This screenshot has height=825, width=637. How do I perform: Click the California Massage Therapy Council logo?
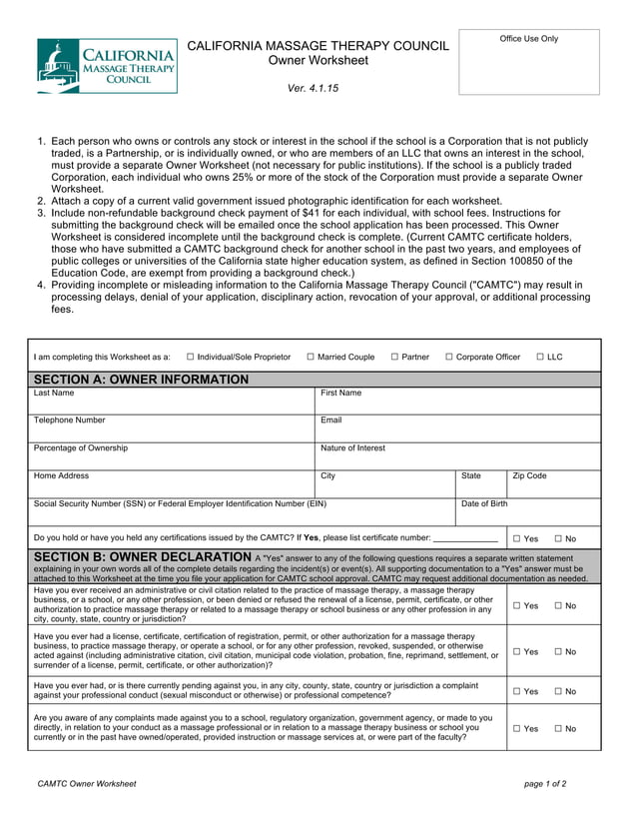pyautogui.click(x=107, y=66)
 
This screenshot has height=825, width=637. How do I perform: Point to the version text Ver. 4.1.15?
pyautogui.click(x=313, y=89)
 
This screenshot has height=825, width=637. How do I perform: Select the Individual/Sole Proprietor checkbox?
pyautogui.click(x=191, y=357)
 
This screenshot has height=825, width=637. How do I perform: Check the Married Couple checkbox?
pyautogui.click(x=311, y=357)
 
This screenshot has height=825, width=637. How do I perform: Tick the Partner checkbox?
pyautogui.click(x=395, y=357)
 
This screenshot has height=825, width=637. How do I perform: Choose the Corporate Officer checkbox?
pyautogui.click(x=449, y=357)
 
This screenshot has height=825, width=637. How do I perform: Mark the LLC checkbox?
pyautogui.click(x=540, y=357)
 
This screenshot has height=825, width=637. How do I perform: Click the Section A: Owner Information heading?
pyautogui.click(x=141, y=380)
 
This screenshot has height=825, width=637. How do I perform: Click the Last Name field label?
pyautogui.click(x=54, y=394)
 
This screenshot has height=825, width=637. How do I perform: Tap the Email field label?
pyautogui.click(x=331, y=420)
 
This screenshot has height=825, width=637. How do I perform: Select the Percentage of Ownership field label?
pyautogui.click(x=81, y=448)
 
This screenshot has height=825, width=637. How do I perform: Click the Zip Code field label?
pyautogui.click(x=529, y=476)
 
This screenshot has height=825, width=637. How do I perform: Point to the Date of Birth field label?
pyautogui.click(x=484, y=504)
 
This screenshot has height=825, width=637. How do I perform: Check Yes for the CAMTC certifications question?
pyautogui.click(x=517, y=538)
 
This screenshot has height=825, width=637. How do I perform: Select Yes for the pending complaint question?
pyautogui.click(x=517, y=691)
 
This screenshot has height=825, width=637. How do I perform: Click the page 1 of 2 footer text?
pyautogui.click(x=545, y=784)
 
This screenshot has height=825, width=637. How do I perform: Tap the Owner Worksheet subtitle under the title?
pyautogui.click(x=318, y=61)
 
